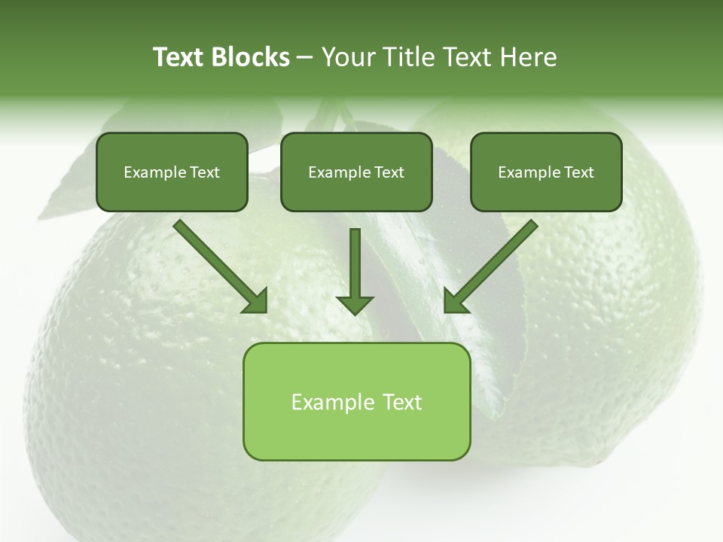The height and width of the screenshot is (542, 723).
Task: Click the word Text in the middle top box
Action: tap(389, 172)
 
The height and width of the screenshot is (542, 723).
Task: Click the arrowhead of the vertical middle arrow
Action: tap(355, 305)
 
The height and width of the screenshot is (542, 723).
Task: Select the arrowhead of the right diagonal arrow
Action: tap(455, 302)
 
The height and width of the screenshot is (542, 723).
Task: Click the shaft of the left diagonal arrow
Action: tap(211, 257)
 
